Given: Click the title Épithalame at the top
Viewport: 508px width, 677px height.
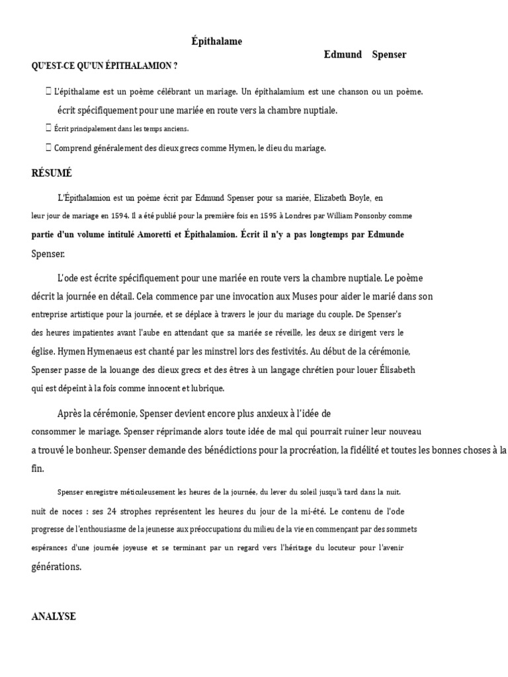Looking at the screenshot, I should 216,42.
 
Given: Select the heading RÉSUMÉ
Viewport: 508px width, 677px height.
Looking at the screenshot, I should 52,173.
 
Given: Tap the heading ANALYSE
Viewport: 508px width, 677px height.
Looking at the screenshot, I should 54,616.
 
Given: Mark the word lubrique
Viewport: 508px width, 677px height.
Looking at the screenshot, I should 207,388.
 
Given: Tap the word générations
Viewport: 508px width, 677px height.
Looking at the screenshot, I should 56,567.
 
